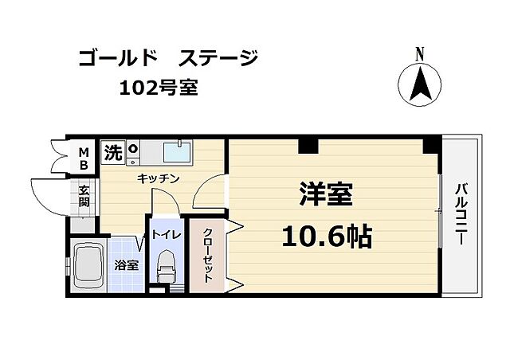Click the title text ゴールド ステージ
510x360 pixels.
point(168,58)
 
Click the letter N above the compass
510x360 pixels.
point(419,53)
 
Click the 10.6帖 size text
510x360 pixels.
point(327,237)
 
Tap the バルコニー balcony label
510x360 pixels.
point(461,215)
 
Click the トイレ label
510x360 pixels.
point(167,235)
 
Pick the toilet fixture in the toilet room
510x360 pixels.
point(167,267)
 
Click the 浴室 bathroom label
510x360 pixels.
point(127,265)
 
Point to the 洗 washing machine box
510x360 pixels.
point(113,152)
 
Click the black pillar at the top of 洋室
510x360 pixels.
point(308,145)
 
